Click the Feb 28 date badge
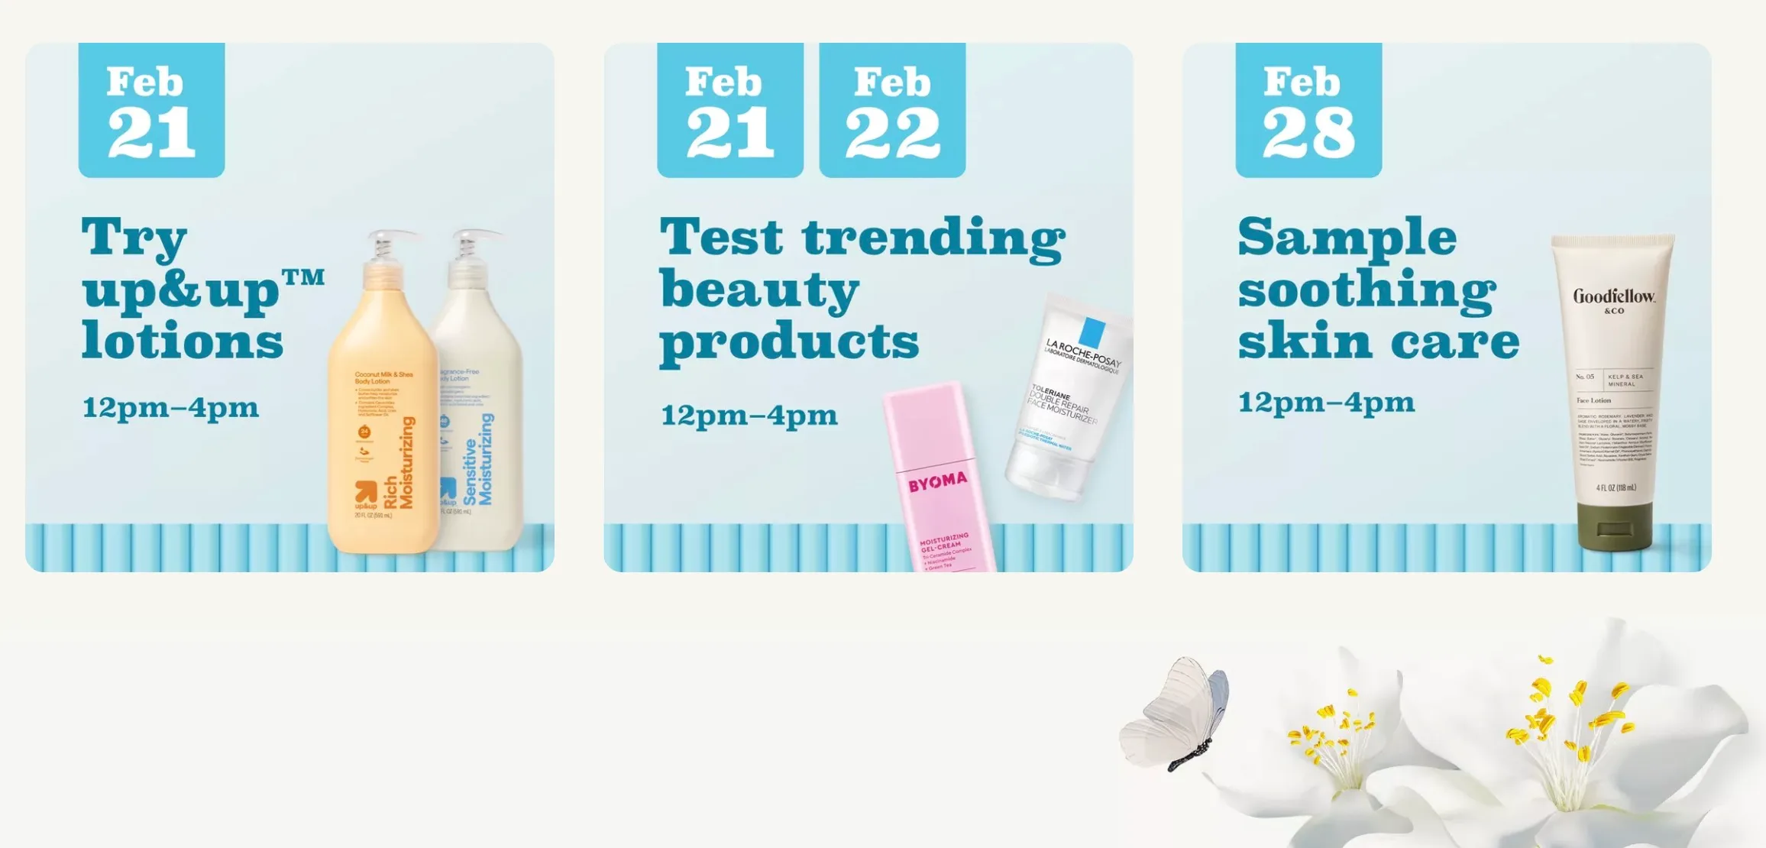tap(1308, 110)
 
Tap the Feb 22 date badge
tap(892, 110)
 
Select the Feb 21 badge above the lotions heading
tap(151, 110)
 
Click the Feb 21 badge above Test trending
tap(729, 110)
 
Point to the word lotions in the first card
tap(183, 341)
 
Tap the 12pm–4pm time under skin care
tap(1326, 403)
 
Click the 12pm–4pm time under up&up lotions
tap(170, 408)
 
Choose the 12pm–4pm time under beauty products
tap(749, 416)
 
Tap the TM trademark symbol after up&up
tap(304, 277)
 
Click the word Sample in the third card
tap(1347, 238)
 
